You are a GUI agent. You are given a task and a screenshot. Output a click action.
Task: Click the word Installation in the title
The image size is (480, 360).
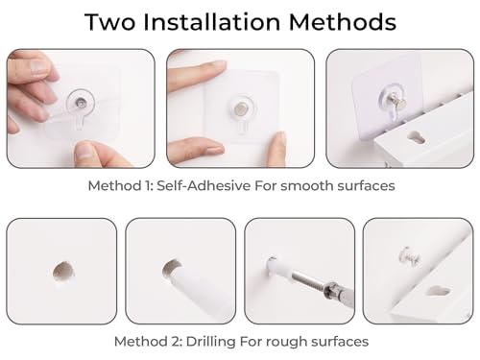pos(212,22)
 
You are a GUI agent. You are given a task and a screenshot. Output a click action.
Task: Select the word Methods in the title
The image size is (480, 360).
pos(343,22)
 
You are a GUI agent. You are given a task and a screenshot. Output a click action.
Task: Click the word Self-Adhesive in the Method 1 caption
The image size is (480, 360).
pos(204,185)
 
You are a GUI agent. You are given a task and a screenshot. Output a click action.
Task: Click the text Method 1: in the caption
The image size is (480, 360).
pos(120,185)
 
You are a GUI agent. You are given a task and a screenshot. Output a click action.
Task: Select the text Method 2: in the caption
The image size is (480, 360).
pos(148,342)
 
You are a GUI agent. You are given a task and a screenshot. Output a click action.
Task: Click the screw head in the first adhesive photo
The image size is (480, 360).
pos(81,103)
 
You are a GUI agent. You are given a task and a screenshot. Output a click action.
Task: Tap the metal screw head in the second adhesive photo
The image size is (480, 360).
pos(239,108)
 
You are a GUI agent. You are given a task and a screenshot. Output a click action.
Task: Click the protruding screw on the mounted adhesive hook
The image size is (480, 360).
pos(397,101)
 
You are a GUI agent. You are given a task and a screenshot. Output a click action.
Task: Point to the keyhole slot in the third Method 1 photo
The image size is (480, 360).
pos(416,137)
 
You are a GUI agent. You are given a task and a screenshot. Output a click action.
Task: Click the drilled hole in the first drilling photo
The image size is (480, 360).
pos(63,272)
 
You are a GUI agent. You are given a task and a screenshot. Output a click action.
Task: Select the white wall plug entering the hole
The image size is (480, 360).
pos(199,289)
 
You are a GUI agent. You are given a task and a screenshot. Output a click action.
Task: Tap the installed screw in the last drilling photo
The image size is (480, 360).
pos(410,255)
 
